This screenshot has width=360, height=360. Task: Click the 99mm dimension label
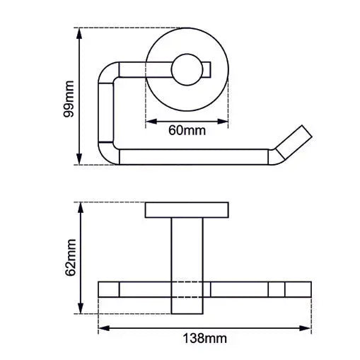point(69,96)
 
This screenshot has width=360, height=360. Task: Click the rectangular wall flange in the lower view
point(187,210)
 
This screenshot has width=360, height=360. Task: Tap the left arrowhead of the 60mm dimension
point(149,122)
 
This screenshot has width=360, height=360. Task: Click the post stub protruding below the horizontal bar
point(187,306)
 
